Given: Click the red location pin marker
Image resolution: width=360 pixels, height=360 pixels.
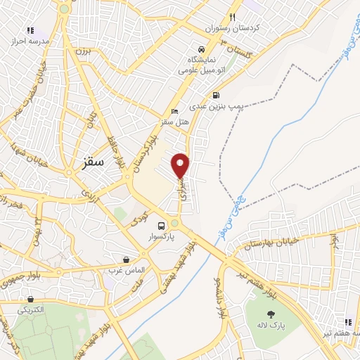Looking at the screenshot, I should coord(181,165).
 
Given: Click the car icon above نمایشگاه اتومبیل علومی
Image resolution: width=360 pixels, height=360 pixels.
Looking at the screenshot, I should coord(202,50).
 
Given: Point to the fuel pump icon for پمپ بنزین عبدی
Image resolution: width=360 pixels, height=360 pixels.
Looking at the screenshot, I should coord(215,96).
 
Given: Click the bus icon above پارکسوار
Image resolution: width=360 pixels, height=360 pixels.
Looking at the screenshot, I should coord(162,226).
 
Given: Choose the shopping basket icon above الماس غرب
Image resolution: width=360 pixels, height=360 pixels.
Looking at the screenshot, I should coord(126,259).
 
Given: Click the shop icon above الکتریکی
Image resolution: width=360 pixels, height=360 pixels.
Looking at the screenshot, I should coord(30,299).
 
